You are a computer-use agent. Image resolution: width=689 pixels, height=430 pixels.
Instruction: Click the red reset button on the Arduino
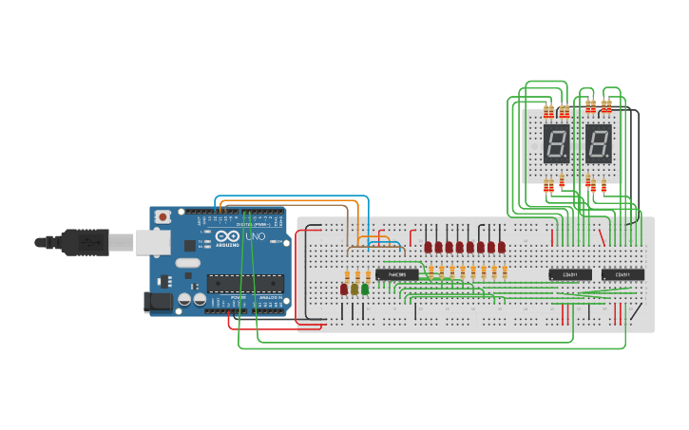[163, 216]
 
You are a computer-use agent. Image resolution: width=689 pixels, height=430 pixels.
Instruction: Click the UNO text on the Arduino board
[256, 236]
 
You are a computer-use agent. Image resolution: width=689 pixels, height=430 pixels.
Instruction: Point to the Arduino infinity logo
[228, 235]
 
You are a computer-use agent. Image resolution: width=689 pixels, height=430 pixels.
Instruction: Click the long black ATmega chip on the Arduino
[245, 282]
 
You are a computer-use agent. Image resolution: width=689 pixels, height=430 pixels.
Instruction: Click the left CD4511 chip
[570, 275]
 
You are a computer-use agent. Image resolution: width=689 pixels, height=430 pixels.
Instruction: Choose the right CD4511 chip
[622, 275]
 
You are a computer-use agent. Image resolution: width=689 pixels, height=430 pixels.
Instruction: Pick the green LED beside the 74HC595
[365, 289]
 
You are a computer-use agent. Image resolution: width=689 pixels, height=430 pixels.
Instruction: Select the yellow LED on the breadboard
[354, 289]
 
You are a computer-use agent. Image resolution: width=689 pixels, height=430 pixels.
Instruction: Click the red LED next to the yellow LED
[344, 289]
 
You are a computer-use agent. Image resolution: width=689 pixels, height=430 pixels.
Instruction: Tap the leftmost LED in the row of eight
[429, 247]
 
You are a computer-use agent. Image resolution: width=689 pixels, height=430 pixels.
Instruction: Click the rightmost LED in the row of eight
[502, 247]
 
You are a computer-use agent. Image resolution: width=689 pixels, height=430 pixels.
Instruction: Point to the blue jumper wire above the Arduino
[285, 196]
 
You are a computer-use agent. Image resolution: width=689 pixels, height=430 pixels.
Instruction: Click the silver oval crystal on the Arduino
[187, 263]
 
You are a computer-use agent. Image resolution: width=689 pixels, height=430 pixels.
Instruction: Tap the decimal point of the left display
[567, 158]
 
